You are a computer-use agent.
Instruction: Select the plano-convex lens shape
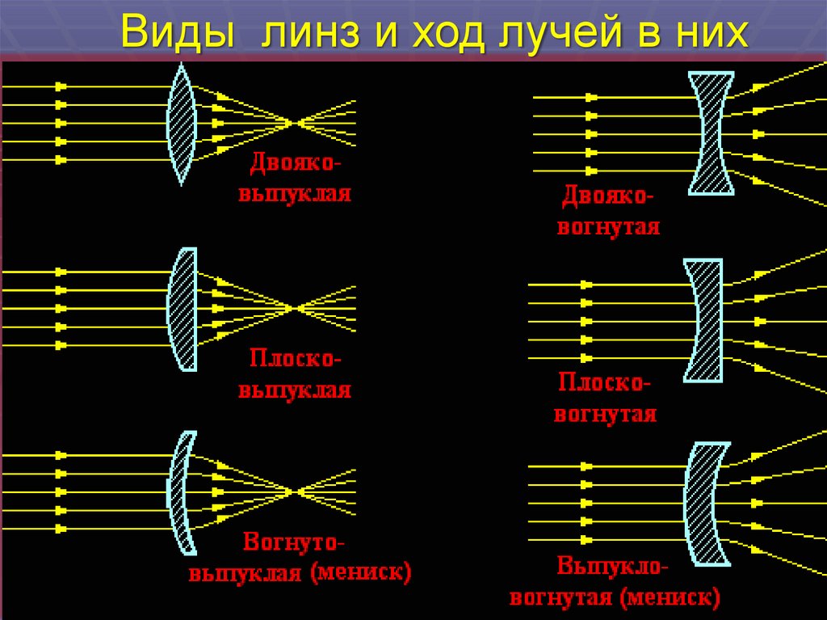184,309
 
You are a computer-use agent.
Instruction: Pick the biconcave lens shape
712,133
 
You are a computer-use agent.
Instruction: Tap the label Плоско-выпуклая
294,373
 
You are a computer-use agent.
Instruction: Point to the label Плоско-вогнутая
605,398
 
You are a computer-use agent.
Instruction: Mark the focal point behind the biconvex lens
295,123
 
